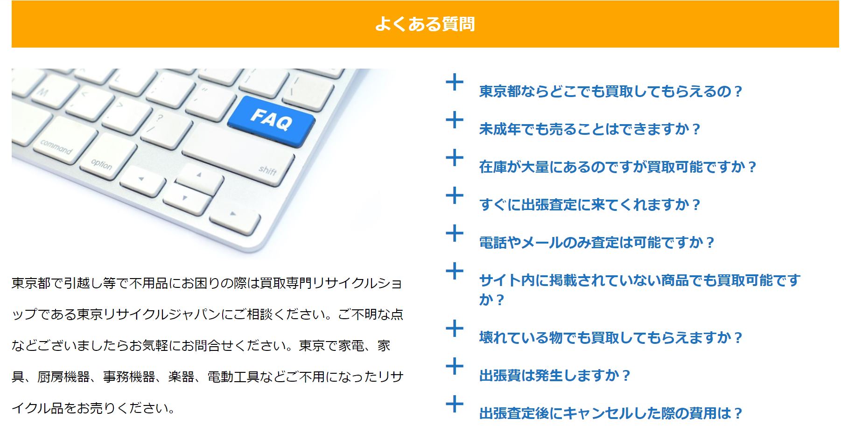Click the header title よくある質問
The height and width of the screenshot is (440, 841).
pos(425,24)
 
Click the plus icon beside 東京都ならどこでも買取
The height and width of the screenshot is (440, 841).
pos(455,83)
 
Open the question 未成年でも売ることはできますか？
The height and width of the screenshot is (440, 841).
pos(589,129)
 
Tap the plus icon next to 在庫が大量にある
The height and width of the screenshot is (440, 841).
pos(455,158)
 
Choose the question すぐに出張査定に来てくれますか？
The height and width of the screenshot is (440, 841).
pos(589,205)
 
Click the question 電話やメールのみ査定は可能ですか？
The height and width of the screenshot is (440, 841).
pos(596,243)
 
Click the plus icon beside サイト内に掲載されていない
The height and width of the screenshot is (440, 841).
pos(455,272)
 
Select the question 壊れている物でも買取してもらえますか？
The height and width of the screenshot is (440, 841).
pos(610,338)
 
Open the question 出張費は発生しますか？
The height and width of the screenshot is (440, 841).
pos(554,376)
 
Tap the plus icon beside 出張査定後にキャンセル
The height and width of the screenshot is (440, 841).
pos(455,405)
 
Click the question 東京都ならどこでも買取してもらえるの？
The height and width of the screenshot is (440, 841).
pos(610,91)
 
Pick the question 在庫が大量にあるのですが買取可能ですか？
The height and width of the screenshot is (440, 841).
pos(617,167)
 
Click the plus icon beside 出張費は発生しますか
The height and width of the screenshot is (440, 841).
pos(455,367)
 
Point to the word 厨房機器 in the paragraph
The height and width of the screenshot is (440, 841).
pos(64,377)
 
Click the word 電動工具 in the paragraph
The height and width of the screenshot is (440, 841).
pos(233,377)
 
